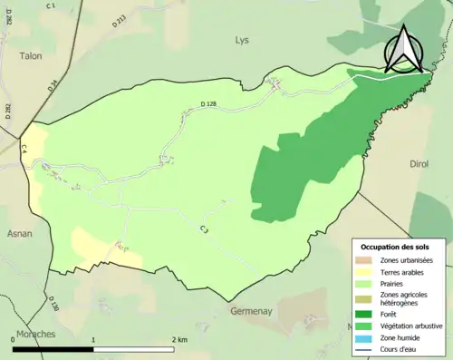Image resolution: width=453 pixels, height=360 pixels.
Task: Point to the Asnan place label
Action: point(19,233)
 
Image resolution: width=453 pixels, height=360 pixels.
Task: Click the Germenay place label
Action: point(252,311)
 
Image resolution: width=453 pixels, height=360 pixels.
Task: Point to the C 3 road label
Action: point(205,231)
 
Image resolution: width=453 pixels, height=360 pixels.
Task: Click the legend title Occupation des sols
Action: point(398,247)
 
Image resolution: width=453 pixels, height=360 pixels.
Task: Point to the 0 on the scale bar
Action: point(13,339)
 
